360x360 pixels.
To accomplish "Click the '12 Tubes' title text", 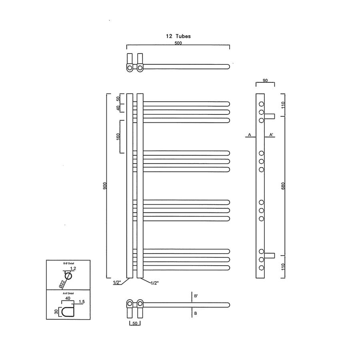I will [178, 36].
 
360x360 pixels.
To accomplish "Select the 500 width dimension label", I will [178, 43].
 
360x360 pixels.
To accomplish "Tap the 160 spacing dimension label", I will [118, 136].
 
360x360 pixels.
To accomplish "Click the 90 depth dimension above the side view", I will [265, 80].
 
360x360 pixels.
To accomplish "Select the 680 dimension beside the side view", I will [283, 186].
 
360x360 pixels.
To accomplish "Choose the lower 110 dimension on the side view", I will [283, 267].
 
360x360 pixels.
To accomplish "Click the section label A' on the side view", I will [271, 135].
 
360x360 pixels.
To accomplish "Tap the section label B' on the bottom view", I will [196, 296].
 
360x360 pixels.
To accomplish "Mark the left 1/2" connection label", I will [117, 283].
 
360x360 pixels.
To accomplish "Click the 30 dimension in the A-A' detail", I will [56, 311].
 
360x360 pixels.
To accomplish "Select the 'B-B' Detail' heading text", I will [69, 263].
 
